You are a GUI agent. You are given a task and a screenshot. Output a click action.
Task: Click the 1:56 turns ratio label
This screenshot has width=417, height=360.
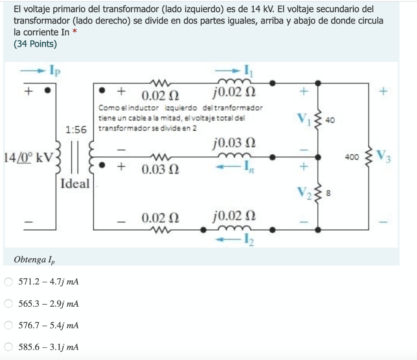pos(76,130)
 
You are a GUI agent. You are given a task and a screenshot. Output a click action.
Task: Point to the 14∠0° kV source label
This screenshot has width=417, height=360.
pos(28,157)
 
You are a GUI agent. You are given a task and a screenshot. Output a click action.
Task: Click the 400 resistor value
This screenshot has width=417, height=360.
pos(351,156)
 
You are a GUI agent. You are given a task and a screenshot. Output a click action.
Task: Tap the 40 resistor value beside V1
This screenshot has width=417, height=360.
pos(330,120)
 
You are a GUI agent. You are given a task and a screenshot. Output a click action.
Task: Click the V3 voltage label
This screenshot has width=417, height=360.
pos(384,156)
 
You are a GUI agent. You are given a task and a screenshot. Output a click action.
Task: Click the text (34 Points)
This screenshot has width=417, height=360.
pos(35,44)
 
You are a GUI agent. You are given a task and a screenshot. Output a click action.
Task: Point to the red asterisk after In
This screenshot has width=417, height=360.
pos(75,32)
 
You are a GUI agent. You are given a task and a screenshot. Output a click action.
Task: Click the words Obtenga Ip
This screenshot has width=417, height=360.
pos(34,260)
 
